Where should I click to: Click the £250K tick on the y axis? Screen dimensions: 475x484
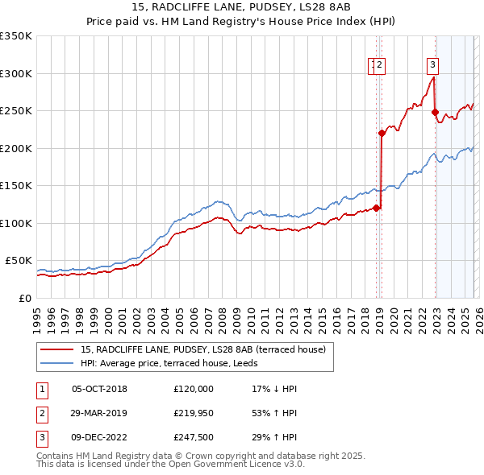(x=16, y=111)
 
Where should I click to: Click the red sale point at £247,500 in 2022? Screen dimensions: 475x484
(x=435, y=113)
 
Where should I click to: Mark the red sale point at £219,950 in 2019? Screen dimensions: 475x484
(x=382, y=134)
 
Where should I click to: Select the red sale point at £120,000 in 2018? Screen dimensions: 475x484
(x=376, y=208)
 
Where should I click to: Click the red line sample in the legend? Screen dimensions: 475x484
(x=57, y=350)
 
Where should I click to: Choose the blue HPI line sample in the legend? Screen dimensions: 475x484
(x=57, y=363)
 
